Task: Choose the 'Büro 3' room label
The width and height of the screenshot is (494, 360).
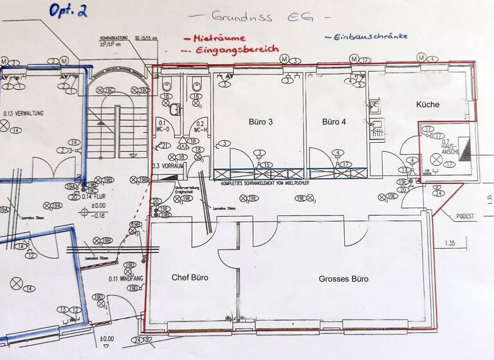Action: pyautogui.click(x=261, y=122)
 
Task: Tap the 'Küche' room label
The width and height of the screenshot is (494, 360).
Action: pyautogui.click(x=428, y=104)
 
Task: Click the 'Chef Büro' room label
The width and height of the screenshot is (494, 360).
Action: pyautogui.click(x=190, y=278)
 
